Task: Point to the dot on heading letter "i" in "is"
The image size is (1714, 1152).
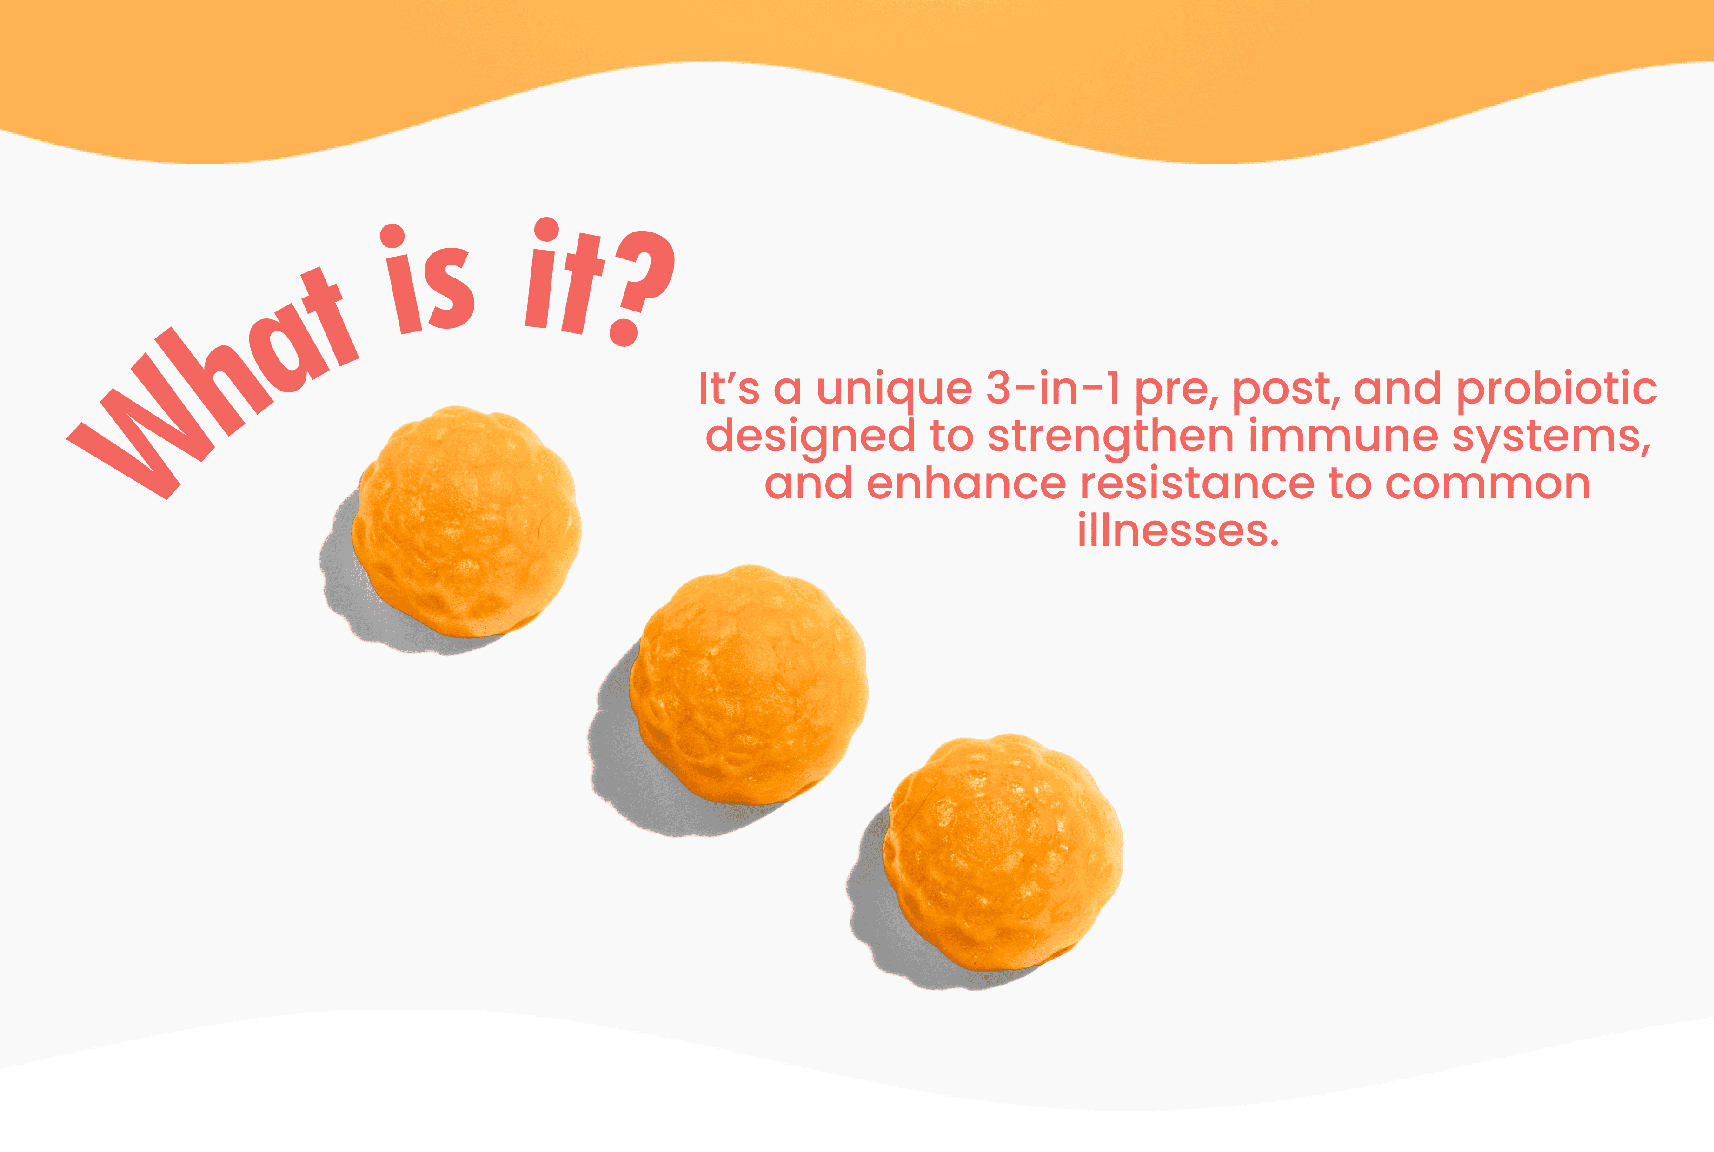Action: click(x=392, y=236)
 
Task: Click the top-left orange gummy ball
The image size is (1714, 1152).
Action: click(x=466, y=522)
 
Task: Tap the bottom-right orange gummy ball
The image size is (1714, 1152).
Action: click(x=1003, y=852)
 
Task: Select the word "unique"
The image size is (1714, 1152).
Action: click(x=894, y=390)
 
